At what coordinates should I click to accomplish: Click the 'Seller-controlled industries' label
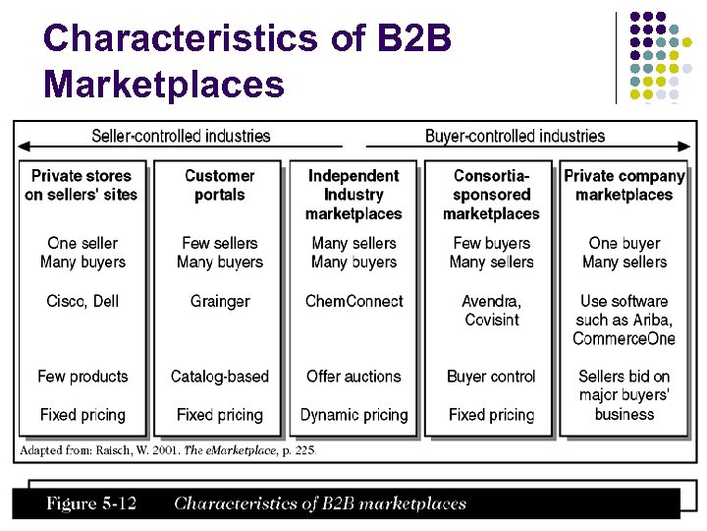coord(181,136)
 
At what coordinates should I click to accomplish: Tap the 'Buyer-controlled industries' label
coord(515,136)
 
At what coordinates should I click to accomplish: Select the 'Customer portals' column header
coord(219,185)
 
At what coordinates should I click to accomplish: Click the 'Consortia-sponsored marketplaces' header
coord(491,195)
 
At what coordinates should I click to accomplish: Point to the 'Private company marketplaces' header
coord(625,185)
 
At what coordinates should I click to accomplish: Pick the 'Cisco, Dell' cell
coord(82,301)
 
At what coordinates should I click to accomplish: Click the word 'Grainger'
coord(220,301)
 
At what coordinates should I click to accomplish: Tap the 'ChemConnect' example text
coord(353,301)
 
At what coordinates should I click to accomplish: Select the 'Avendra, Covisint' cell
coord(491,310)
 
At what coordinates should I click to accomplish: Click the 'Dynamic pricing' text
coord(353,415)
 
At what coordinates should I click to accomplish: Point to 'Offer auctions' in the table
coord(353,377)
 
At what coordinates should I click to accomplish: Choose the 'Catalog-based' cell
coord(220,377)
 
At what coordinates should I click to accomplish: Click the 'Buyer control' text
coord(491,377)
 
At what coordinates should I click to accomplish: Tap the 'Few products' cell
coord(82,377)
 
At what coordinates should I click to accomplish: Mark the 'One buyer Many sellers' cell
coord(625,253)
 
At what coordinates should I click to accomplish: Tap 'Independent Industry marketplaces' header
coord(353,195)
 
